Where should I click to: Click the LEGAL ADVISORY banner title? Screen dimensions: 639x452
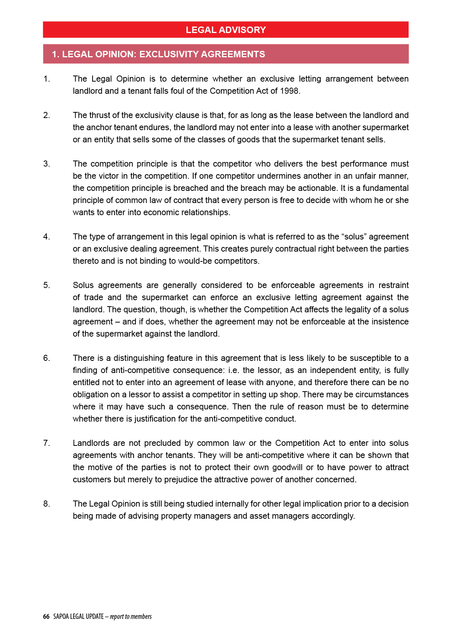[x=226, y=30]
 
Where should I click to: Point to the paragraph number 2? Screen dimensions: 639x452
[x=46, y=115]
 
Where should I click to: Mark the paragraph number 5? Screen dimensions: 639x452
[x=46, y=285]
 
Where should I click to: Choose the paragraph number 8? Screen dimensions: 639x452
[x=46, y=504]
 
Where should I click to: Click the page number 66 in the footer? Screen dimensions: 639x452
[x=46, y=617]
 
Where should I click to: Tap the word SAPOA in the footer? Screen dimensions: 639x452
[x=61, y=617]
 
